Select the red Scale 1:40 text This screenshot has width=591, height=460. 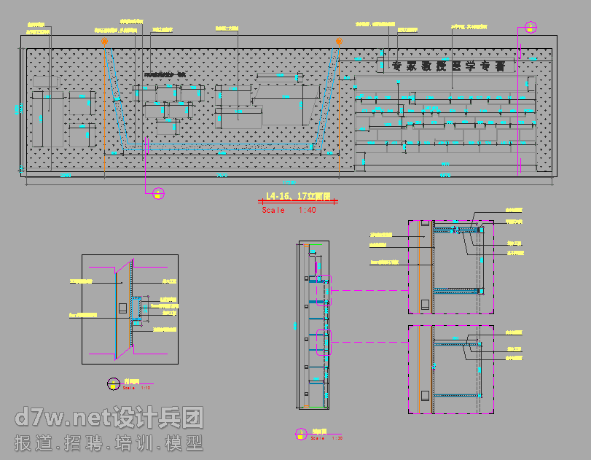(289, 211)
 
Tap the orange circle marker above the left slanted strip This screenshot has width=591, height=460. (105, 42)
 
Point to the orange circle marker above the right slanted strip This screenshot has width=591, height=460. (339, 42)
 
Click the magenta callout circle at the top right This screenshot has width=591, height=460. (531, 28)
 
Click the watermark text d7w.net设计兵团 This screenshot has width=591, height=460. (109, 418)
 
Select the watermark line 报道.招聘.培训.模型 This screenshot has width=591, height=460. (109, 443)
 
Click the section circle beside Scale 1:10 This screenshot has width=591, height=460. (113, 382)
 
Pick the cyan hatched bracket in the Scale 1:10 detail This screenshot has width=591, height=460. (136, 310)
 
